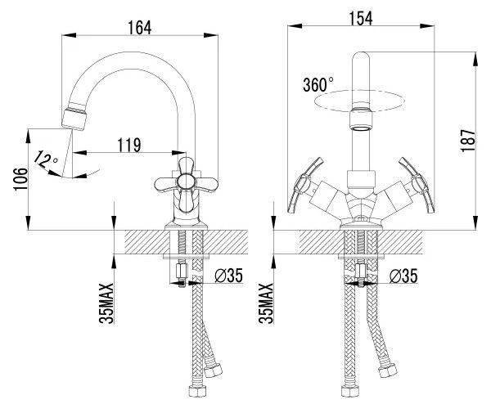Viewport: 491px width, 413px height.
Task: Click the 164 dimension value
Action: point(140,28)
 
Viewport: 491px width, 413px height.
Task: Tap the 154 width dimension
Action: point(361,19)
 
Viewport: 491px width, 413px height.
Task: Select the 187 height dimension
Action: point(468,141)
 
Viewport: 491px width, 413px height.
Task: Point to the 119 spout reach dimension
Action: point(129,145)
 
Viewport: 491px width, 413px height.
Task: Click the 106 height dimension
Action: point(20,179)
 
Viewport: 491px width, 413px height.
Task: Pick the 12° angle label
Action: point(45,159)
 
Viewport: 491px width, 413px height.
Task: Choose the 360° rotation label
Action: point(318,84)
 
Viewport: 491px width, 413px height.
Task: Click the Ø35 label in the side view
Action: point(228,276)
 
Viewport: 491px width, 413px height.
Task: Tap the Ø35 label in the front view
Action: point(403,276)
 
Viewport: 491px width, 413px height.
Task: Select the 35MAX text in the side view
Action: point(106,303)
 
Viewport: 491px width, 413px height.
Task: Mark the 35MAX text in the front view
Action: point(266,303)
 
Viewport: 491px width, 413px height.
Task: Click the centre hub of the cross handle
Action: point(186,182)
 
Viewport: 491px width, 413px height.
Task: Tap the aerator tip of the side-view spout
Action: point(74,119)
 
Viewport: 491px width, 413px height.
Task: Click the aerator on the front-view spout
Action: point(361,119)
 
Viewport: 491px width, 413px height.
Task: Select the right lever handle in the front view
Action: point(417,185)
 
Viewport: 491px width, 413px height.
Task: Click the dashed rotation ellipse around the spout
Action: point(360,101)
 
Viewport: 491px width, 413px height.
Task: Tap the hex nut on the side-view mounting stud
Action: point(182,271)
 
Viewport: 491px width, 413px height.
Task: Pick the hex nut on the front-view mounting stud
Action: point(361,271)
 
